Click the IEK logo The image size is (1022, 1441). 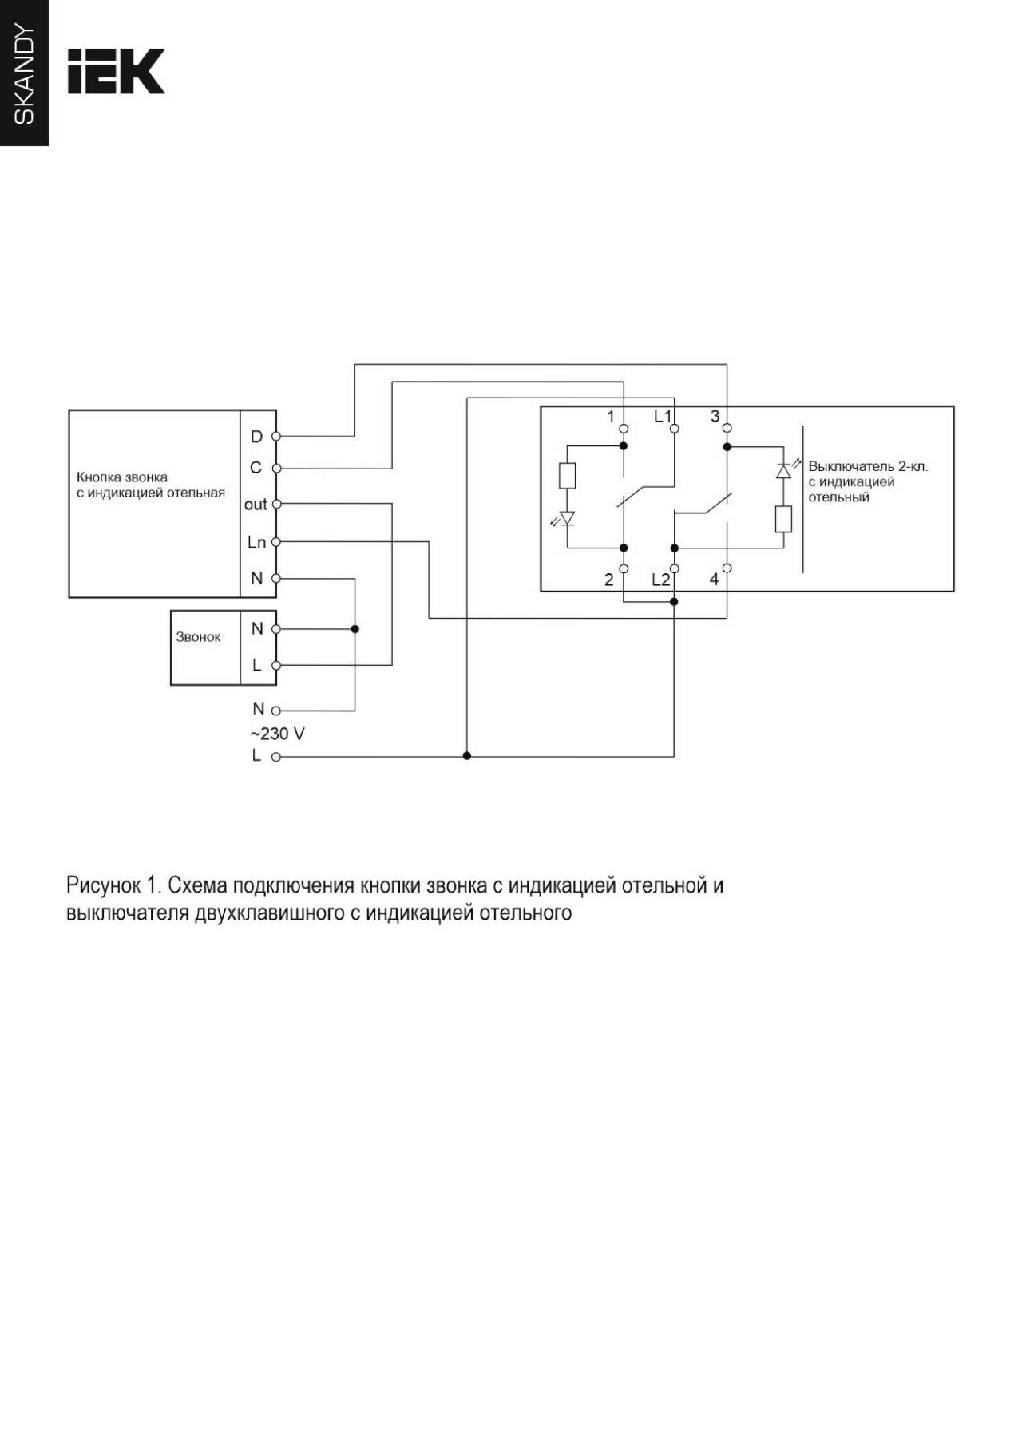(116, 71)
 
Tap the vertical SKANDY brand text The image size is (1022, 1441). (25, 74)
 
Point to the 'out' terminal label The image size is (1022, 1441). (255, 505)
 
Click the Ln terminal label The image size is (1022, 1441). (256, 542)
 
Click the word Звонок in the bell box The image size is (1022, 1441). (198, 637)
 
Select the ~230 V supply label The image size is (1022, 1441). (278, 734)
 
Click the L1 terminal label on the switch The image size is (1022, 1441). (663, 416)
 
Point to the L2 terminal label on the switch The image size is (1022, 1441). (660, 580)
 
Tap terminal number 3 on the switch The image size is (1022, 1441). (715, 416)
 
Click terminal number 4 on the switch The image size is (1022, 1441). (714, 580)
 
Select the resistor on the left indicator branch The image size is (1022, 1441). (568, 477)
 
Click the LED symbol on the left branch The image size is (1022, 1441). (565, 519)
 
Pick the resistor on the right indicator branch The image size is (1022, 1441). (783, 519)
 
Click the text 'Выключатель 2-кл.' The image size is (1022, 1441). (868, 466)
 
